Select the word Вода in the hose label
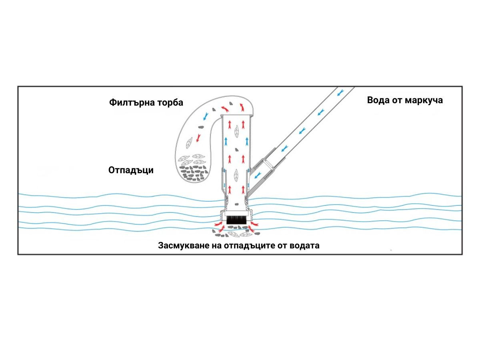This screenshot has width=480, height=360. point(380,100)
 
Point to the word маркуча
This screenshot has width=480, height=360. point(424,100)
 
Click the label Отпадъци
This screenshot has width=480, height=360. point(131,170)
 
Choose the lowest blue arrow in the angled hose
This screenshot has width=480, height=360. point(257,175)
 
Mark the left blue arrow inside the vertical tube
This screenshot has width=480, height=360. point(226,141)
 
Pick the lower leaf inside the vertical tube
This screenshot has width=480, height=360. point(236,175)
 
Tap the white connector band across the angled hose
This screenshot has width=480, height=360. point(267,164)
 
